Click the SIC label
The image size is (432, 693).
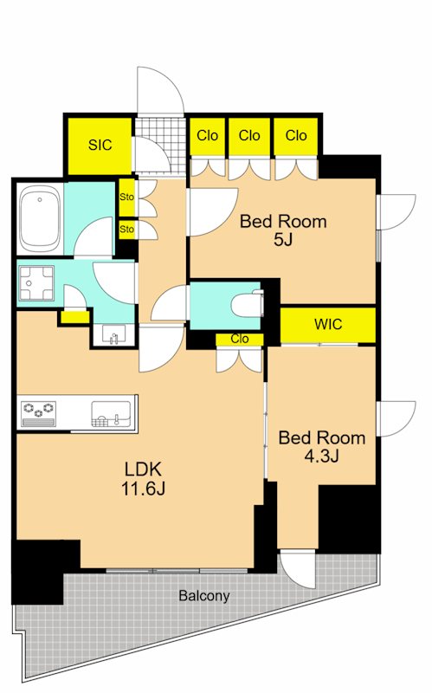100,145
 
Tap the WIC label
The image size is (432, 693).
328,324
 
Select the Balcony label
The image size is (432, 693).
204,596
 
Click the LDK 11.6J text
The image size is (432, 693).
143,478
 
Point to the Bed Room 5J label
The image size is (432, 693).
283,230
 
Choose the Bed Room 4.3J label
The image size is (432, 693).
322,446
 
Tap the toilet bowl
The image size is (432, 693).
248,303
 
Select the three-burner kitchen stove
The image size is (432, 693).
39,414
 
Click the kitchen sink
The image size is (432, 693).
111,414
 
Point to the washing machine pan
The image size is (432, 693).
36,283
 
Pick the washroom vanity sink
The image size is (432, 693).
114,334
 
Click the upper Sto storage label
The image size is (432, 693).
126,198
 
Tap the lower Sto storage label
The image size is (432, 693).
126,230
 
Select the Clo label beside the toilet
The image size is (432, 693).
240,339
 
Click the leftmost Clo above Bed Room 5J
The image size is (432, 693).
207,135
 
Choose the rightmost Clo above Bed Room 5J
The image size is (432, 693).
296,135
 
